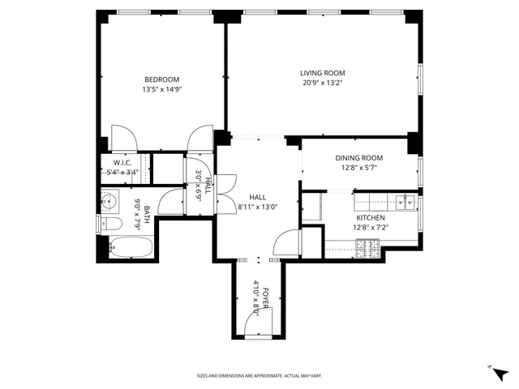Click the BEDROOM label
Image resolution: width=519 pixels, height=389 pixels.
[x=162, y=79]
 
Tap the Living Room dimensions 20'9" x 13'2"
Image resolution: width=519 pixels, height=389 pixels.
[x=322, y=83]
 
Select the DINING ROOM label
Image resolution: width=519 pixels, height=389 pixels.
[x=359, y=158]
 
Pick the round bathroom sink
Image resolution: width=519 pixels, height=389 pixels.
[x=110, y=199]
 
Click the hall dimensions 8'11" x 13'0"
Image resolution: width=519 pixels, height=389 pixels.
[x=258, y=207]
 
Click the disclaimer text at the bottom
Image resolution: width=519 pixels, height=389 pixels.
[x=259, y=376]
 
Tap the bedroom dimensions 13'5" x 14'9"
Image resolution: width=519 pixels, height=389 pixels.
[x=162, y=89]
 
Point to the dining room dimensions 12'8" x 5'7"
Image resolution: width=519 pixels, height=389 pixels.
[x=359, y=168]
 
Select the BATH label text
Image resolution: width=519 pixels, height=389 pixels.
[x=147, y=216]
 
